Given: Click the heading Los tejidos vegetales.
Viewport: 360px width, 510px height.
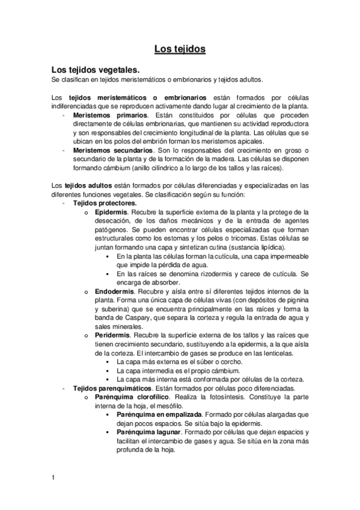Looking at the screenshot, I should pyautogui.click(x=96, y=70).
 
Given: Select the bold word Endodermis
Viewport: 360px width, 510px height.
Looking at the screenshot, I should pyautogui.click(x=114, y=291).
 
